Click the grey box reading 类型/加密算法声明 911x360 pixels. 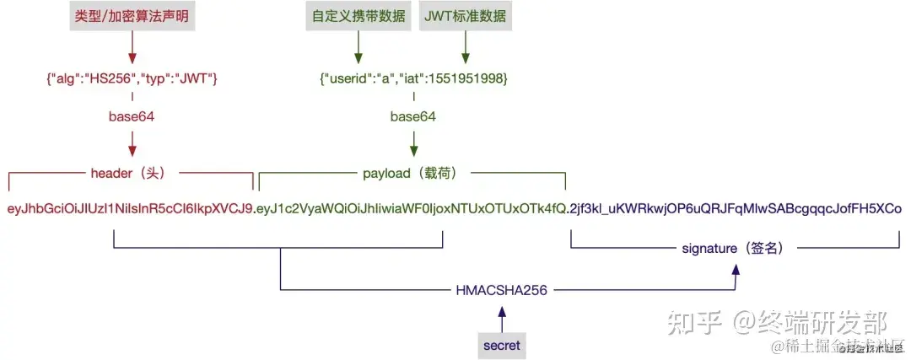click(x=131, y=16)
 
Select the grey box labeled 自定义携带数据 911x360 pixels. click(x=358, y=16)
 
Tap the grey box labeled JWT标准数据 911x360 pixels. click(x=464, y=16)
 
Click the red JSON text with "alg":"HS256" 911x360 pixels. click(x=132, y=78)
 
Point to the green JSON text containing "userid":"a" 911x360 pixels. click(x=412, y=78)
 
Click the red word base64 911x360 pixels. click(x=132, y=116)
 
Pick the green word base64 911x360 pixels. click(x=412, y=116)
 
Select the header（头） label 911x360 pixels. click(x=132, y=174)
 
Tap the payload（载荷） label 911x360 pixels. click(x=413, y=174)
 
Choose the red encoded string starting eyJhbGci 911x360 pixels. click(x=130, y=208)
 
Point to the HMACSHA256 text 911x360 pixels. click(x=502, y=291)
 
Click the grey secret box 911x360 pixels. click(x=502, y=345)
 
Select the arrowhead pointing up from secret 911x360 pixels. click(x=502, y=311)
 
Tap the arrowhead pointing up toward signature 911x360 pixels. click(x=736, y=269)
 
